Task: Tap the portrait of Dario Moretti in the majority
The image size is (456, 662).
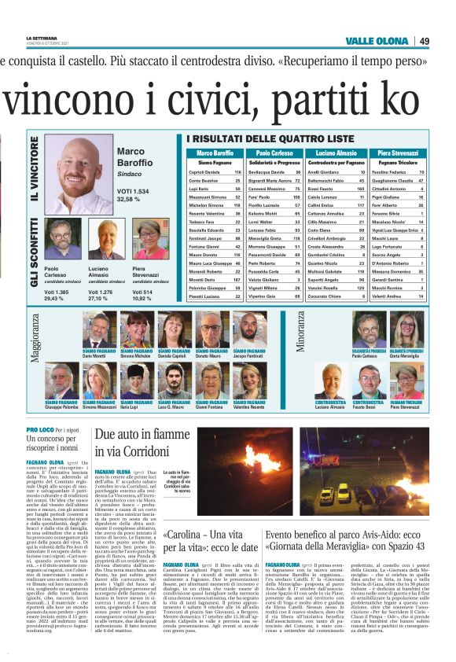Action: [100, 330]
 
